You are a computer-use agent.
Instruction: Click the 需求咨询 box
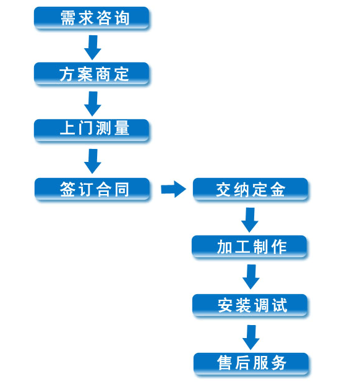coord(92,18)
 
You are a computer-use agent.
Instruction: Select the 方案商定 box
coord(92,74)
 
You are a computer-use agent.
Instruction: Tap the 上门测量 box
coord(92,130)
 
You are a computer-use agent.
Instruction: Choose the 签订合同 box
coord(92,190)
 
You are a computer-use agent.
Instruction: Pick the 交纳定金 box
coord(251,190)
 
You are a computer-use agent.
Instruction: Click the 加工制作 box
coord(249,247)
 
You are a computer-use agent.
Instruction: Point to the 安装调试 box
coord(250,305)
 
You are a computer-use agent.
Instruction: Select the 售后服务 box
coord(251,364)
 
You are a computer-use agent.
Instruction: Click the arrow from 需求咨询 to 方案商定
coord(93,48)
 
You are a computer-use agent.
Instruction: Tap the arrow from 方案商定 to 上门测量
coord(93,104)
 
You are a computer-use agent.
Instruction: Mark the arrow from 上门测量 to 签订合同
coord(93,161)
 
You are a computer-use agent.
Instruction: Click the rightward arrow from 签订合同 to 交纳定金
coord(173,189)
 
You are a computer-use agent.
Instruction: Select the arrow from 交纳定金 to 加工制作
coord(250,220)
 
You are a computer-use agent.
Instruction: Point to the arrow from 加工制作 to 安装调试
coord(251,277)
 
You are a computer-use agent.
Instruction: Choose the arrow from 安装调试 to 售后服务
coord(251,337)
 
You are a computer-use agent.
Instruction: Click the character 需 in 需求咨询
coord(68,18)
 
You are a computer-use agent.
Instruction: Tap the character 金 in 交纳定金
coord(278,190)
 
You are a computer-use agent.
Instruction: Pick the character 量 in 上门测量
coord(122,128)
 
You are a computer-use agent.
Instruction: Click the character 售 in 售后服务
coord(225,363)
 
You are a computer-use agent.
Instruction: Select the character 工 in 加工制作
coord(242,247)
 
